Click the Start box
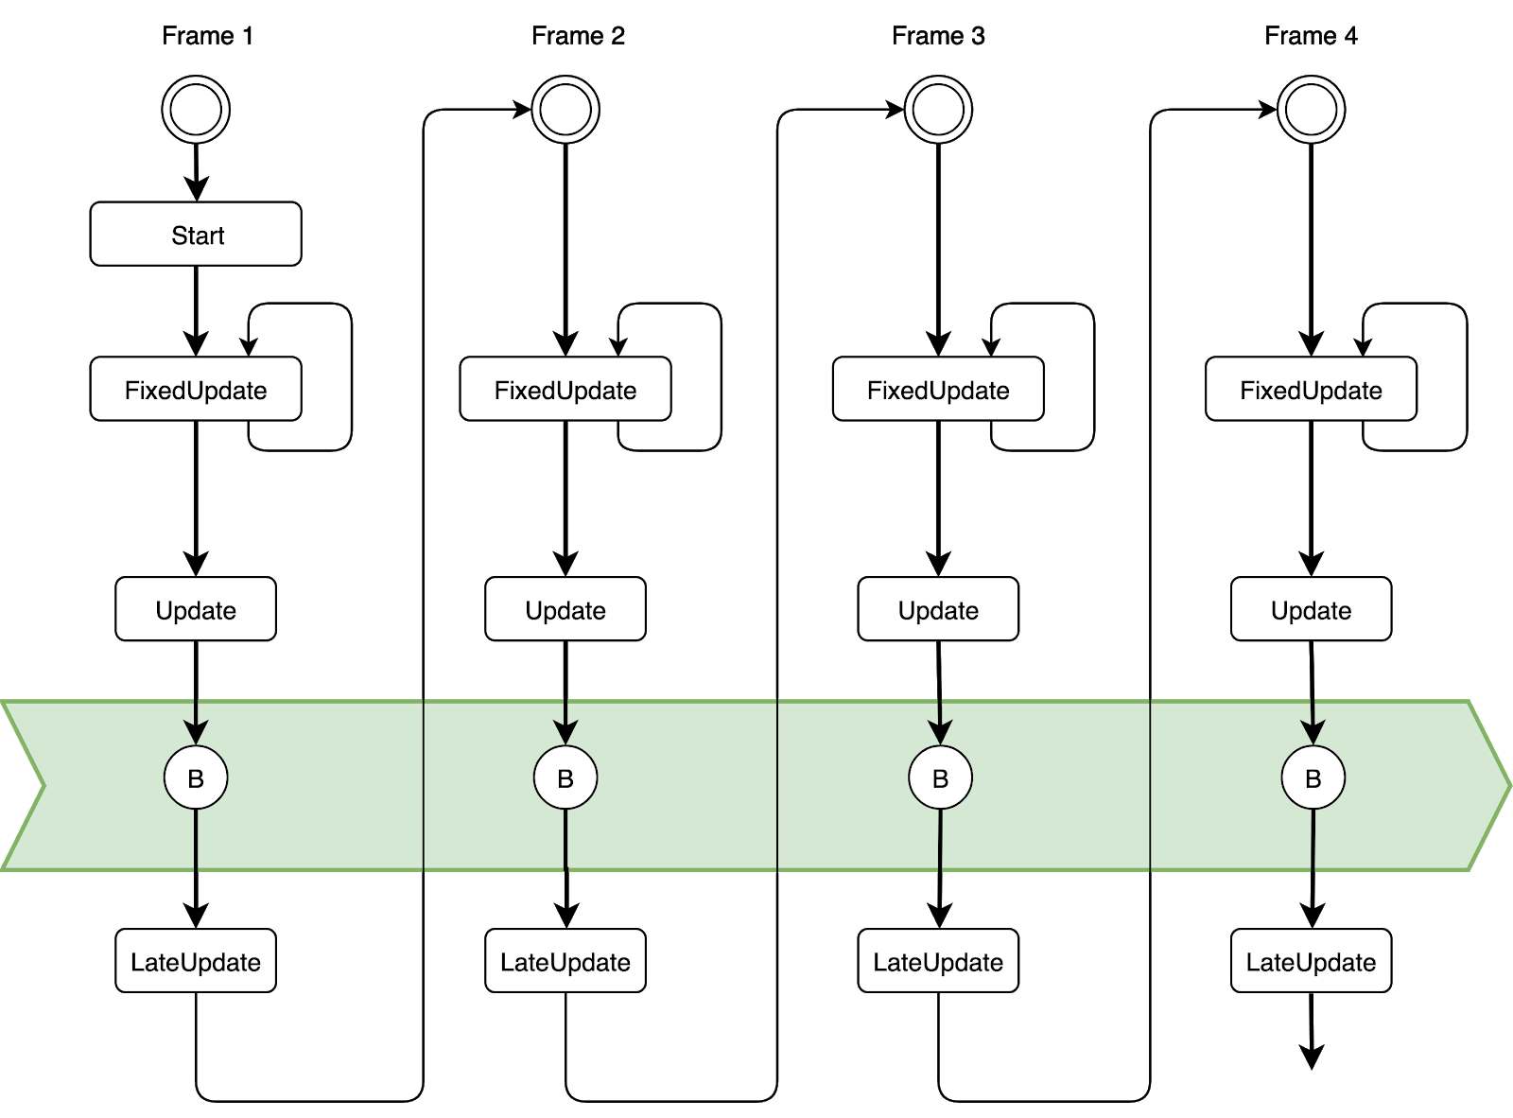(196, 235)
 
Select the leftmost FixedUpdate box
(196, 389)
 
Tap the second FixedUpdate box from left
(565, 389)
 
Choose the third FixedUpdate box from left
(938, 389)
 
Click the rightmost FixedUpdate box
(1311, 389)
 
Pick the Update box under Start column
(196, 609)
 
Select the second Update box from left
(565, 609)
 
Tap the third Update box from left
(938, 609)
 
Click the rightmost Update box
(1311, 609)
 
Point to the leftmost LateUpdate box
(196, 961)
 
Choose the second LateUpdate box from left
(565, 961)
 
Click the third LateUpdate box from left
(938, 961)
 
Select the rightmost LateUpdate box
(1311, 961)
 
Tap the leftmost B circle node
(196, 778)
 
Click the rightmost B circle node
(1313, 778)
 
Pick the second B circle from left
(565, 778)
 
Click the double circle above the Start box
(196, 110)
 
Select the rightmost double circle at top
(1311, 110)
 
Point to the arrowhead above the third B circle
(940, 733)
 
